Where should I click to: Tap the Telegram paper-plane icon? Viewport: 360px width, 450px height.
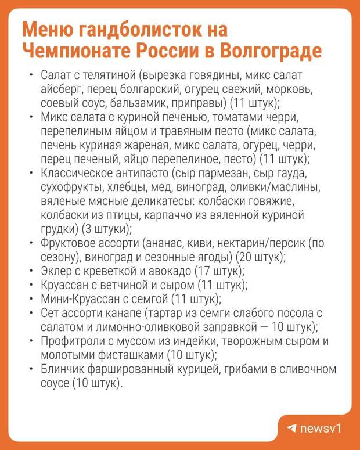click(291, 429)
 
